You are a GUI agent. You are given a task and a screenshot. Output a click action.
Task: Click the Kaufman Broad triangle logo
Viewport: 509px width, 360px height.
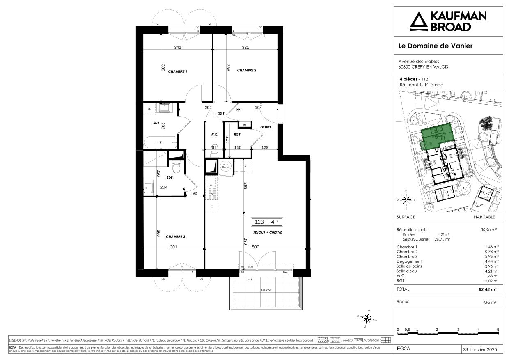pyautogui.click(x=419, y=21)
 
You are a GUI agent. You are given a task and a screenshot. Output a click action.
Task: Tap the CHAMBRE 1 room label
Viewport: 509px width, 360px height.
pyautogui.click(x=177, y=71)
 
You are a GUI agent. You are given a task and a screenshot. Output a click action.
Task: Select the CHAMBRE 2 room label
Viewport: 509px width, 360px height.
pyautogui.click(x=247, y=71)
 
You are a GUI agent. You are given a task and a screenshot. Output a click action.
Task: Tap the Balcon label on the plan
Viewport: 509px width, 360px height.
pyautogui.click(x=266, y=290)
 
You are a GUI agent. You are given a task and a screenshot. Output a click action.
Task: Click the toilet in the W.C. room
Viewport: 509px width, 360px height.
pyautogui.click(x=214, y=152)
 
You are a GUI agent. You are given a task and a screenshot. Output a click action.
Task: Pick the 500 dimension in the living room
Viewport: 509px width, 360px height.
pyautogui.click(x=267, y=247)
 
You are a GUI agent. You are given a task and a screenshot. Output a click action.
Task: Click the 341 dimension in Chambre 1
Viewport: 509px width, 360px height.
pyautogui.click(x=177, y=48)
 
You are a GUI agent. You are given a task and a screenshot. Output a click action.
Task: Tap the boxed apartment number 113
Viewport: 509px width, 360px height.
pyautogui.click(x=259, y=222)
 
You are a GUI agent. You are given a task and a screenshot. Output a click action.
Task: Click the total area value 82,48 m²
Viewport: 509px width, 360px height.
pyautogui.click(x=488, y=289)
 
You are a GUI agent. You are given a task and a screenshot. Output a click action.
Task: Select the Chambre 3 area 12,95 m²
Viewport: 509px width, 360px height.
pyautogui.click(x=491, y=257)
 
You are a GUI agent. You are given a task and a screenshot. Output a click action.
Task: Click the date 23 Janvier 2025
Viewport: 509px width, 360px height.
pyautogui.click(x=479, y=349)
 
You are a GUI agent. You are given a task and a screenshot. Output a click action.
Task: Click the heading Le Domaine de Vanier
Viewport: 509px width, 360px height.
pyautogui.click(x=436, y=46)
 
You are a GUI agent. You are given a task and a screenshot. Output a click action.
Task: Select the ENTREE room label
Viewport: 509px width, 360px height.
pyautogui.click(x=266, y=127)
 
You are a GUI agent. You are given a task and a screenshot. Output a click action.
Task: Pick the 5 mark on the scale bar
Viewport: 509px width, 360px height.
pyautogui.click(x=498, y=330)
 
